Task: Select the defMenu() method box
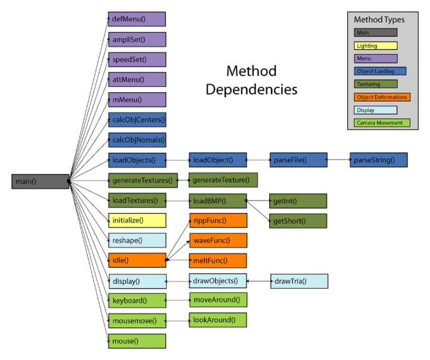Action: pos(136,19)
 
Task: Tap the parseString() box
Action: pos(378,160)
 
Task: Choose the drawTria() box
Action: pos(299,280)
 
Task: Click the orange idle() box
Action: pos(136,260)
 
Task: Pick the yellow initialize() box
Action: pos(136,220)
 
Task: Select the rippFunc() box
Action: pos(218,220)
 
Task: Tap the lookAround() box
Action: pos(218,320)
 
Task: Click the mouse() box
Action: pos(136,341)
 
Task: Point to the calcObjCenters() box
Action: pos(136,120)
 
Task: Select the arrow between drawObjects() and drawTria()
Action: pos(258,280)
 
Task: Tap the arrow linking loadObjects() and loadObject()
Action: pos(177,160)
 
